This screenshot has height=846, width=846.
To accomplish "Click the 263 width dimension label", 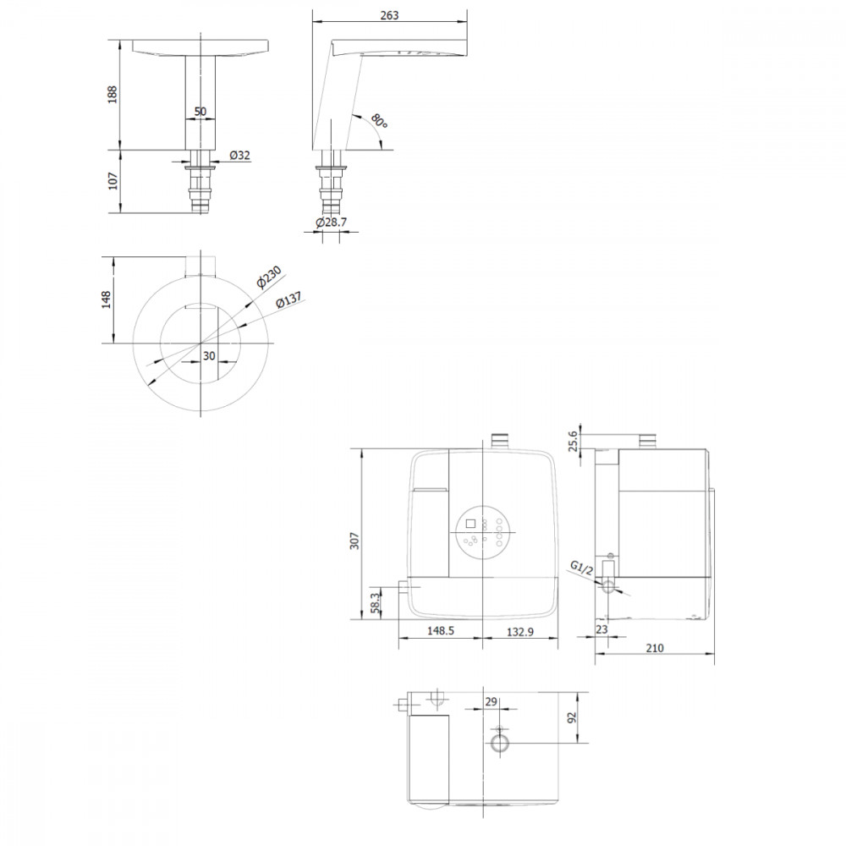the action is [x=389, y=15].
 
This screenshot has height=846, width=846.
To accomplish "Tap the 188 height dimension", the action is [x=113, y=95].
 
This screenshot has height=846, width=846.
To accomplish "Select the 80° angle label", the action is [x=379, y=121].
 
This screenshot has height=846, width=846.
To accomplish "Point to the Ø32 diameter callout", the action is [x=239, y=156].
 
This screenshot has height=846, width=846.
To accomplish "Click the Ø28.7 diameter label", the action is [x=332, y=222].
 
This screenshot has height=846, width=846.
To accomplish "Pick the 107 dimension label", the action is [x=113, y=181].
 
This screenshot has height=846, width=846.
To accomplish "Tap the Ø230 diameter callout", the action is [x=269, y=277].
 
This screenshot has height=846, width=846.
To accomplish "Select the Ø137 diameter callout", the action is [x=288, y=299].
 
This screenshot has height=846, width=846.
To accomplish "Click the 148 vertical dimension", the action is [x=107, y=299].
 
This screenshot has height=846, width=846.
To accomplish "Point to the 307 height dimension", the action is [x=354, y=541].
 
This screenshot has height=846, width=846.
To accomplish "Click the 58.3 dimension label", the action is [x=376, y=602].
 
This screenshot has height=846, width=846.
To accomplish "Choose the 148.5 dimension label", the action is [x=441, y=630].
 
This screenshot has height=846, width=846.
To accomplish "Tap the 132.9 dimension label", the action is [x=520, y=631].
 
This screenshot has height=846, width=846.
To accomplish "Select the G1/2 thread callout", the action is [x=582, y=569].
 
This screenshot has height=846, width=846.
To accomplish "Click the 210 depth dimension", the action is [x=655, y=648].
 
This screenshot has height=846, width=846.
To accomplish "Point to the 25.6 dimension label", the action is [x=573, y=440].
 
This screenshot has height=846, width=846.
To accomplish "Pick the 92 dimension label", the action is [x=572, y=717].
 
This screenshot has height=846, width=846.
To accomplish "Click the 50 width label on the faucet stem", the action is [x=201, y=112].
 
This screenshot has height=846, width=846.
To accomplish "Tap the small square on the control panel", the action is [x=470, y=524].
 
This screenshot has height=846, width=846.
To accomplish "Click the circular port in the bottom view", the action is [x=500, y=744].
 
